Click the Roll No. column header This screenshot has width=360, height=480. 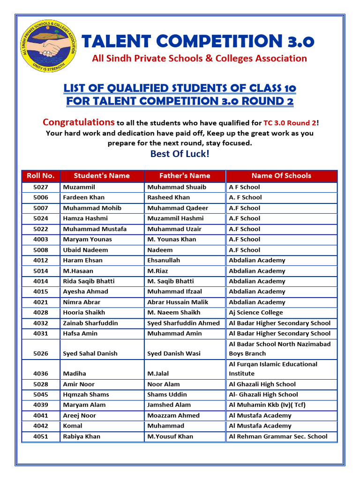tap(41, 176)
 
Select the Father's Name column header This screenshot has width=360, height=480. tap(185, 176)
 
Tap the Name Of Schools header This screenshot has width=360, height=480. tap(281, 176)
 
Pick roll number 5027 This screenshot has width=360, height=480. tap(41, 187)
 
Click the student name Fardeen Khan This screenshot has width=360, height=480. tap(84, 197)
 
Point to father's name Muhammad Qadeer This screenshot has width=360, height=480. tap(178, 208)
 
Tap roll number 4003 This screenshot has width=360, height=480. tap(41, 240)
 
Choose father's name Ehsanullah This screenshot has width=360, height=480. tap(164, 261)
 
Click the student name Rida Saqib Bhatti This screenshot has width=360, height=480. tap(89, 281)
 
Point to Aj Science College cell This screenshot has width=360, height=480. tap(256, 313)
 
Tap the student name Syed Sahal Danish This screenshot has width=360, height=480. tap(90, 353)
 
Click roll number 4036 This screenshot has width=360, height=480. tap(41, 374)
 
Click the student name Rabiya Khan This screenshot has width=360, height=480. tap(82, 436)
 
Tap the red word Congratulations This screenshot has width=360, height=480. tap(78, 122)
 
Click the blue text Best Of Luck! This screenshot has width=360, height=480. tap(180, 154)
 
